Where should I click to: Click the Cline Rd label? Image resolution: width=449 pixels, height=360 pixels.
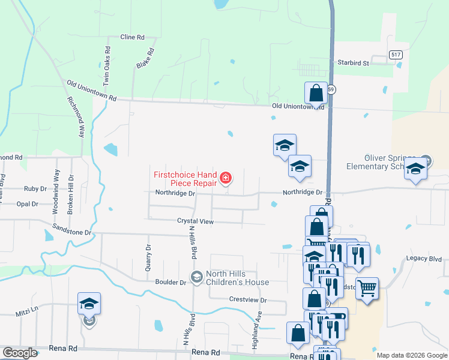coord(132,37)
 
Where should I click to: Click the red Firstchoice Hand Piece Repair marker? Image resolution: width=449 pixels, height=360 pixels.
coord(226,178)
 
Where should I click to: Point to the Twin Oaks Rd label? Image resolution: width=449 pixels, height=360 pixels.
coord(106,65)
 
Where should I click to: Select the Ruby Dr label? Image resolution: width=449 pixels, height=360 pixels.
coord(35,188)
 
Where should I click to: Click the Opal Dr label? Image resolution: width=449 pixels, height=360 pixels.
coord(28,204)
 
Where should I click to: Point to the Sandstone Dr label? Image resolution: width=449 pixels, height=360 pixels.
coord(71,232)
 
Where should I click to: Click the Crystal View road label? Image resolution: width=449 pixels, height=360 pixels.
coord(195,221)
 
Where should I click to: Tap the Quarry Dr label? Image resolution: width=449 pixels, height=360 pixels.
coord(148,257)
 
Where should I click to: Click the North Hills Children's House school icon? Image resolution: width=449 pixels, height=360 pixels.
coord(196,277)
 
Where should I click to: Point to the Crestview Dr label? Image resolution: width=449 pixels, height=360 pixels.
coord(247,299)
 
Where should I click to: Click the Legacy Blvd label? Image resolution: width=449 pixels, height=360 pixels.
coord(423,259)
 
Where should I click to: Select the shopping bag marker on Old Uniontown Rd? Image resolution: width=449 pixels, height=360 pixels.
coord(316,94)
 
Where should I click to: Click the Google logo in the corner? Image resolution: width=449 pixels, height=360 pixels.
coord(20,353)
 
